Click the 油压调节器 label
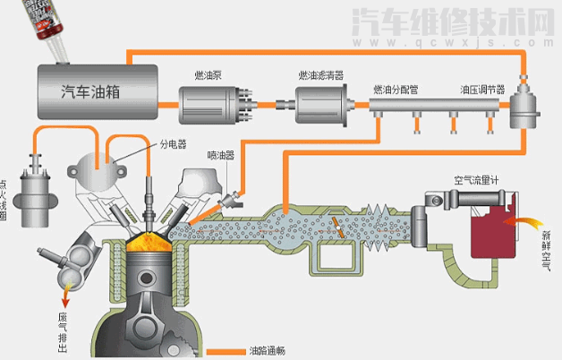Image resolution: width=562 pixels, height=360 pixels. [482, 90]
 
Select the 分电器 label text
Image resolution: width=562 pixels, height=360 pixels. [173, 142]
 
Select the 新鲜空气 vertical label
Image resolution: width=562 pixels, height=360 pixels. [546, 245]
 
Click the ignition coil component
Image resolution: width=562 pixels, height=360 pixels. [38, 192]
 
